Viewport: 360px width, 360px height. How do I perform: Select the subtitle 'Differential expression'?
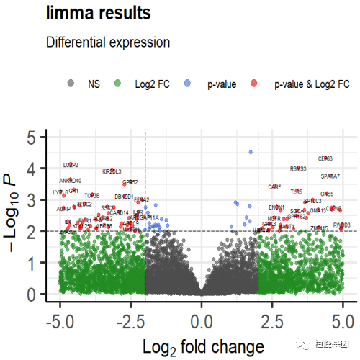(108, 42)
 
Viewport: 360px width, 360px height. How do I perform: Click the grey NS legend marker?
(70, 84)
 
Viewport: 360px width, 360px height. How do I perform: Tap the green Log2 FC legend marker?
(117, 84)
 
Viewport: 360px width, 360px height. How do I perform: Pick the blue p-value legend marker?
(188, 84)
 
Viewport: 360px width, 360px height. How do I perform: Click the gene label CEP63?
(325, 158)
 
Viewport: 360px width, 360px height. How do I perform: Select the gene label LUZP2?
(70, 166)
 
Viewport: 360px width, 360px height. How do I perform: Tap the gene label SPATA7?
(330, 176)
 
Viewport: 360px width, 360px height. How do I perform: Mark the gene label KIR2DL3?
(112, 171)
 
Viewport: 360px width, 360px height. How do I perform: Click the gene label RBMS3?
(298, 169)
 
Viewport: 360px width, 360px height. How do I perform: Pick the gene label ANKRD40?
(71, 181)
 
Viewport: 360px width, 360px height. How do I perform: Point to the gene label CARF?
(274, 187)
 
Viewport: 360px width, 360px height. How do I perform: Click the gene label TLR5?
(297, 192)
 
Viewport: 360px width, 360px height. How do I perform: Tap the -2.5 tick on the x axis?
(130, 318)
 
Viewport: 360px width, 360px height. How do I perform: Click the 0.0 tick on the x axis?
(202, 318)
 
